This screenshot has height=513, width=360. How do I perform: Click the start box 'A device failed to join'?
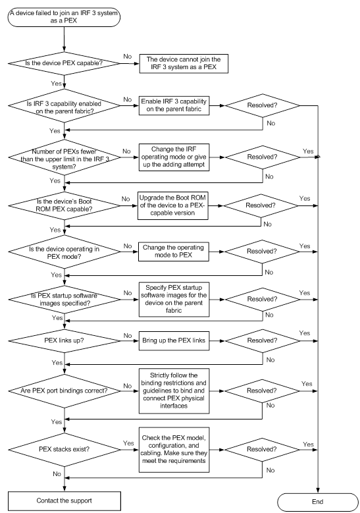tap(64, 16)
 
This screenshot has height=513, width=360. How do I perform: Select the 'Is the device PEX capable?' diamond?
tap(64, 63)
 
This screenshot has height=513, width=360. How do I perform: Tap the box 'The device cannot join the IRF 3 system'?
tap(184, 63)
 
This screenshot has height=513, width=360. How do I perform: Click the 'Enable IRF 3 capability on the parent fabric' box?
tap(174, 105)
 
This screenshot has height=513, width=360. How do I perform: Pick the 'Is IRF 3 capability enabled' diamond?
tap(64, 106)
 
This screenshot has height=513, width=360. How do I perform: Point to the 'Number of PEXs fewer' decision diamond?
tap(64, 157)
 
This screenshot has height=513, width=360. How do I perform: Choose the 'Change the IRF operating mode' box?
tap(174, 157)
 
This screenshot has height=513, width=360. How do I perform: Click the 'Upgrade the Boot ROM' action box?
tap(172, 205)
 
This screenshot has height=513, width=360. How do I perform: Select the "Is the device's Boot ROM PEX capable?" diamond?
tap(64, 205)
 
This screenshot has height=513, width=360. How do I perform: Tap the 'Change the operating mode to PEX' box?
tap(173, 252)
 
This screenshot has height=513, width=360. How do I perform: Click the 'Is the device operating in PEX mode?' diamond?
tap(64, 252)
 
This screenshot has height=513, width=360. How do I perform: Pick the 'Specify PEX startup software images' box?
tap(174, 300)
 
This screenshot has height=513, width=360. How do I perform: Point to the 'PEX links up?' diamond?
tap(64, 341)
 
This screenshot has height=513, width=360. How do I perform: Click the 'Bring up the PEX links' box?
tap(174, 341)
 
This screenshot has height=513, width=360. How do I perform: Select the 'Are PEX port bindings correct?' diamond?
tap(64, 391)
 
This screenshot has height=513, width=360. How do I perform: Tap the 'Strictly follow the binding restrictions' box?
tap(174, 391)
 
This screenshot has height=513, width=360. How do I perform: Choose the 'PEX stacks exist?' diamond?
tap(64, 450)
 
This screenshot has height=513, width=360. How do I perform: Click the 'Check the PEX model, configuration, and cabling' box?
tap(174, 450)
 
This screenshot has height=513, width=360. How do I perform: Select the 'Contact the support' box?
tap(64, 501)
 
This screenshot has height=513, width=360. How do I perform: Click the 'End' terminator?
tap(317, 502)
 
